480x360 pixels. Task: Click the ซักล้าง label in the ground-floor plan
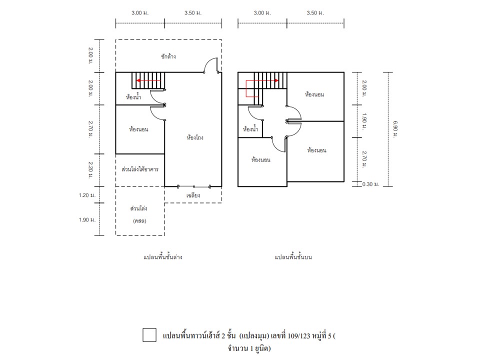pyautogui.click(x=168, y=56)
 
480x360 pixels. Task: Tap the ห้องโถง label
pyautogui.click(x=195, y=137)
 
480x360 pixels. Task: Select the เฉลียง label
pyautogui.click(x=193, y=195)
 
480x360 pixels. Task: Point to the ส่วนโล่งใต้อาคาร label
pyautogui.click(x=140, y=169)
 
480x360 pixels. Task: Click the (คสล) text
pyautogui.click(x=139, y=220)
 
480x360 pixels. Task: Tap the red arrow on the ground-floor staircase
pyautogui.click(x=148, y=80)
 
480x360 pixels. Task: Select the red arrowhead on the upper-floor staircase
pyautogui.click(x=276, y=80)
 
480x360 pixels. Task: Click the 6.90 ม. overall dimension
pyautogui.click(x=395, y=129)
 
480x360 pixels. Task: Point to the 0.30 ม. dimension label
pyautogui.click(x=370, y=184)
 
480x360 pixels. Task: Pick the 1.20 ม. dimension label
pyautogui.click(x=87, y=195)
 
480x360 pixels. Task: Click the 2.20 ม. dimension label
pyautogui.click(x=91, y=170)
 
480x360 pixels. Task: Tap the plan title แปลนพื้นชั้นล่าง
pyautogui.click(x=163, y=257)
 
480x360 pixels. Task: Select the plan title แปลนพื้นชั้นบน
pyautogui.click(x=293, y=257)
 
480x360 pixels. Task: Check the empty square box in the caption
pyautogui.click(x=149, y=335)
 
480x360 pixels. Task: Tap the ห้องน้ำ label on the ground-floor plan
pyautogui.click(x=133, y=97)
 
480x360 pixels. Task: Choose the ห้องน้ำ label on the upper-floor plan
pyautogui.click(x=250, y=129)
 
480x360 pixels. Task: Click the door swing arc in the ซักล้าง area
pyautogui.click(x=210, y=63)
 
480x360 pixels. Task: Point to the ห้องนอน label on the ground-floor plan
pyautogui.click(x=138, y=129)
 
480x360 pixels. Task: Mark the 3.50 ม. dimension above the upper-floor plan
pyautogui.click(x=315, y=13)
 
